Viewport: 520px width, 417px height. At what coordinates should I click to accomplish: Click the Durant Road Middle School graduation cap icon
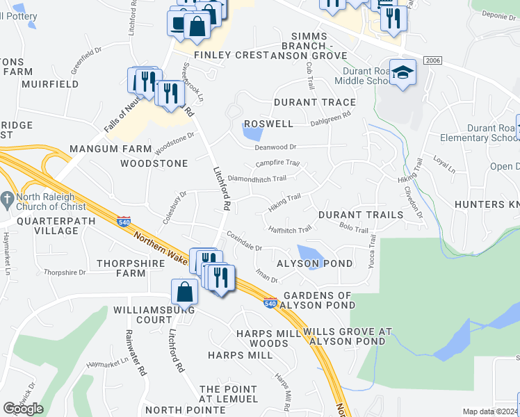pos(403,72)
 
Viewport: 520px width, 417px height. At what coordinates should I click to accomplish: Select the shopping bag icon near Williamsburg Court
pos(185,291)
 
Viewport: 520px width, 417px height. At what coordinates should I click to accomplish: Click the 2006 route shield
pos(432,62)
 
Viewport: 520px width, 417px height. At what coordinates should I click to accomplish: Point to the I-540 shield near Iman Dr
pos(271,302)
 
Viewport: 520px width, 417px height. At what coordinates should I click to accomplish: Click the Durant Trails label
pos(361,215)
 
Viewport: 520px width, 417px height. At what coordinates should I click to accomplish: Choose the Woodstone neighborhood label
pos(154,163)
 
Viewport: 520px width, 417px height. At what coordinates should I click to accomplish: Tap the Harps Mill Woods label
pos(263,338)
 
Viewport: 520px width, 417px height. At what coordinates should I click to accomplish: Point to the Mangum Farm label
pos(111,149)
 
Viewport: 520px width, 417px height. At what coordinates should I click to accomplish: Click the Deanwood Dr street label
pos(276,147)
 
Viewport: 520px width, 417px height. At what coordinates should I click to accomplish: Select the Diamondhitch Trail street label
pos(257,179)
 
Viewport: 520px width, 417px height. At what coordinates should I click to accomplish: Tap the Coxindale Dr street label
pos(243,247)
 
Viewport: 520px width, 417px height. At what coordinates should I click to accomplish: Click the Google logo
pos(24,409)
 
